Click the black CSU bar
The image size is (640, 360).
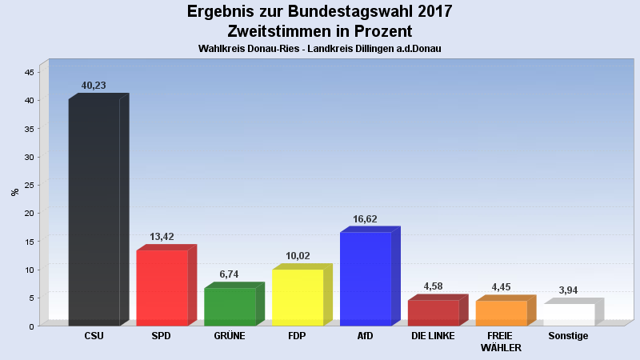(94, 212)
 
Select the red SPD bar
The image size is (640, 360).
(162, 288)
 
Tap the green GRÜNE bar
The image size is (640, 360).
(230, 306)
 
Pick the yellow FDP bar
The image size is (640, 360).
(298, 298)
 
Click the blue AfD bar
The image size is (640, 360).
(366, 279)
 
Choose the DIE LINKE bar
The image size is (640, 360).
(433, 313)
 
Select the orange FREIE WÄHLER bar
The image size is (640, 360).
(501, 313)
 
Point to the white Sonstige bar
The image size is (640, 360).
(569, 314)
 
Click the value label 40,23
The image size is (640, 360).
(94, 86)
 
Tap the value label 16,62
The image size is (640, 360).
(365, 218)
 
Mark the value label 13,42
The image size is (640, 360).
(162, 237)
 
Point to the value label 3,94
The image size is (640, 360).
(568, 290)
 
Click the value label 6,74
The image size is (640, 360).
(229, 274)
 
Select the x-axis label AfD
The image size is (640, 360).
(366, 336)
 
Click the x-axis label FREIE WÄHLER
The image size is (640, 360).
(501, 342)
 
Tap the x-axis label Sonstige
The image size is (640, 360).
(568, 336)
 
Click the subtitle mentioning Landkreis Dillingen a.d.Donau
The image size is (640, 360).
(320, 49)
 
